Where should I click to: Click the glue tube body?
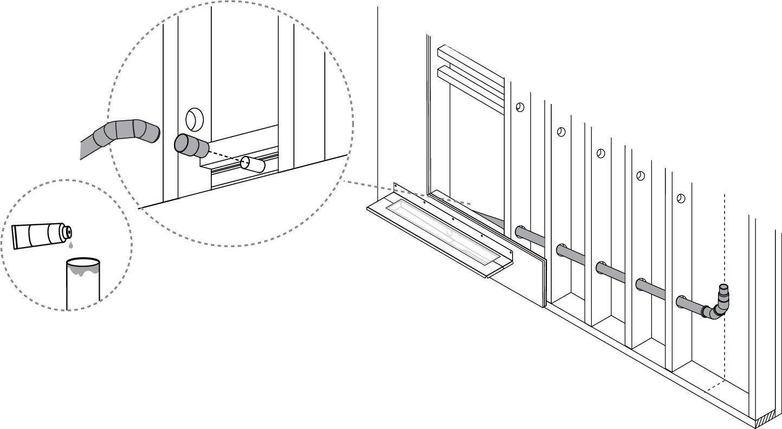[x=36, y=236]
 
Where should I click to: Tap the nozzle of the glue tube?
[x=68, y=232]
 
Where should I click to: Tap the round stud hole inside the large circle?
[x=193, y=118]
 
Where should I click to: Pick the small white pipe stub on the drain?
[x=252, y=164]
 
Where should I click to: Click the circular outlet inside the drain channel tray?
[x=449, y=233]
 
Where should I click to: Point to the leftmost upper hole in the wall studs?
[x=520, y=107]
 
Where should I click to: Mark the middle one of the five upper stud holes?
[x=600, y=153]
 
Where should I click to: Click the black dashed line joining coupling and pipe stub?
[x=225, y=155]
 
